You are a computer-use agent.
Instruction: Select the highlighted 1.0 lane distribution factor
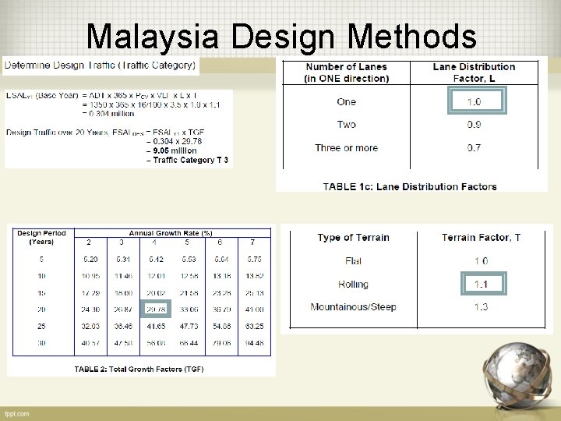(x=474, y=102)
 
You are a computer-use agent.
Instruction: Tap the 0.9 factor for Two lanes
(x=474, y=125)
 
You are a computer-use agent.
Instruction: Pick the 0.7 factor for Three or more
(x=474, y=147)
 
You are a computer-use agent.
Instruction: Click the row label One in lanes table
(x=347, y=102)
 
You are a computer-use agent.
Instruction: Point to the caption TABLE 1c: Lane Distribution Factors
(x=409, y=186)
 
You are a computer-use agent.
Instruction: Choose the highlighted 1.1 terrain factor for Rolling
(x=481, y=285)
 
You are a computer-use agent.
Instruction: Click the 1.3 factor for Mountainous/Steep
(x=481, y=307)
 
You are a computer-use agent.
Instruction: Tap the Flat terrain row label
(x=353, y=261)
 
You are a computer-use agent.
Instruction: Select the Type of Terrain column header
(x=353, y=238)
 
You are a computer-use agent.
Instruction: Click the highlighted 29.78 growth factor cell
(x=157, y=309)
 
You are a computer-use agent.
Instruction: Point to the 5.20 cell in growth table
(x=90, y=259)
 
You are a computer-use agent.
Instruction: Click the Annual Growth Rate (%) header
(x=171, y=233)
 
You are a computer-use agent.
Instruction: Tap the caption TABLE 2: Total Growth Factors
(x=139, y=369)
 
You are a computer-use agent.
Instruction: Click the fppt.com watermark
(x=16, y=412)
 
